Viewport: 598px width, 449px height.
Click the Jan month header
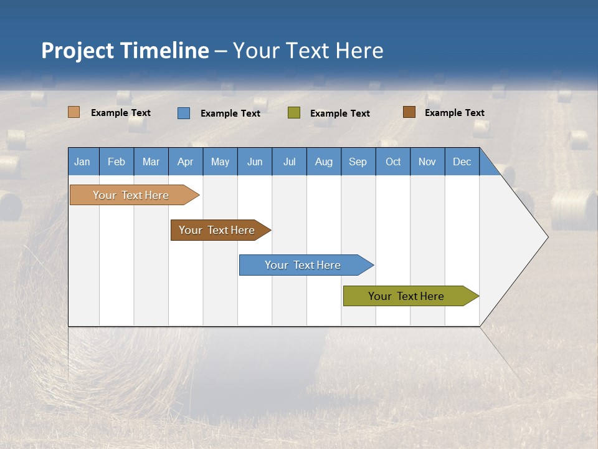tap(83, 162)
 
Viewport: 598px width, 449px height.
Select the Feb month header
tap(116, 162)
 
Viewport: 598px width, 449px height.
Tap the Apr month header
tap(186, 162)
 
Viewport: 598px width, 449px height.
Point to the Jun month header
tap(255, 162)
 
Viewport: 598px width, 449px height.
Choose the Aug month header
tap(324, 162)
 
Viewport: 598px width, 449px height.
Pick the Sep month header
tap(358, 162)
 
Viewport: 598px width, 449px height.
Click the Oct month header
tap(393, 162)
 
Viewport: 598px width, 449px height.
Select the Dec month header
tap(462, 162)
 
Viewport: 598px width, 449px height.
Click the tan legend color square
tap(74, 112)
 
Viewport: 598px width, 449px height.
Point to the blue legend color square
tap(184, 113)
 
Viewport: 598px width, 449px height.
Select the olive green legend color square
tap(294, 113)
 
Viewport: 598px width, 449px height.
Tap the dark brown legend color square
tap(409, 112)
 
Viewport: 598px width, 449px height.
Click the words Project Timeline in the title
tap(125, 51)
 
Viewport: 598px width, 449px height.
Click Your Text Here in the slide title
tap(308, 51)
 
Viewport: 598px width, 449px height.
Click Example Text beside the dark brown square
tap(454, 113)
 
